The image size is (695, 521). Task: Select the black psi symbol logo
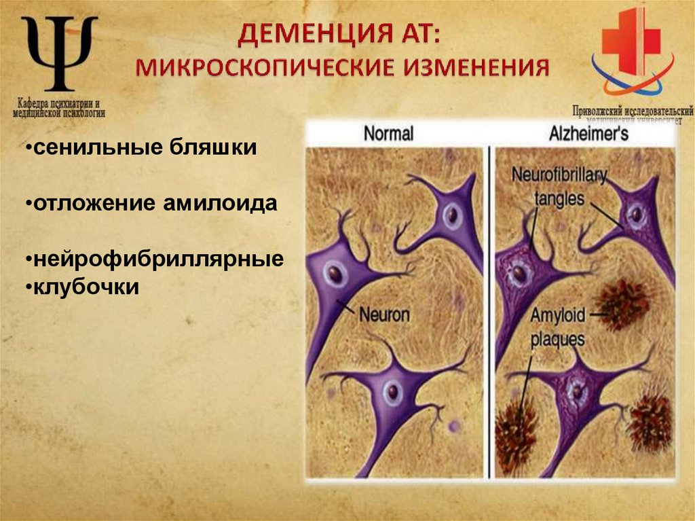(x=59, y=52)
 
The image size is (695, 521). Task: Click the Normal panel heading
(x=388, y=133)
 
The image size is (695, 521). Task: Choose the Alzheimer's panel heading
(x=588, y=133)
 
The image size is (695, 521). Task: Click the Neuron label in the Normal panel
(x=384, y=315)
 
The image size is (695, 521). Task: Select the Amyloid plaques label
(x=557, y=327)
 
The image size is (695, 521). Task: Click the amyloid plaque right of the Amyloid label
(x=623, y=303)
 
